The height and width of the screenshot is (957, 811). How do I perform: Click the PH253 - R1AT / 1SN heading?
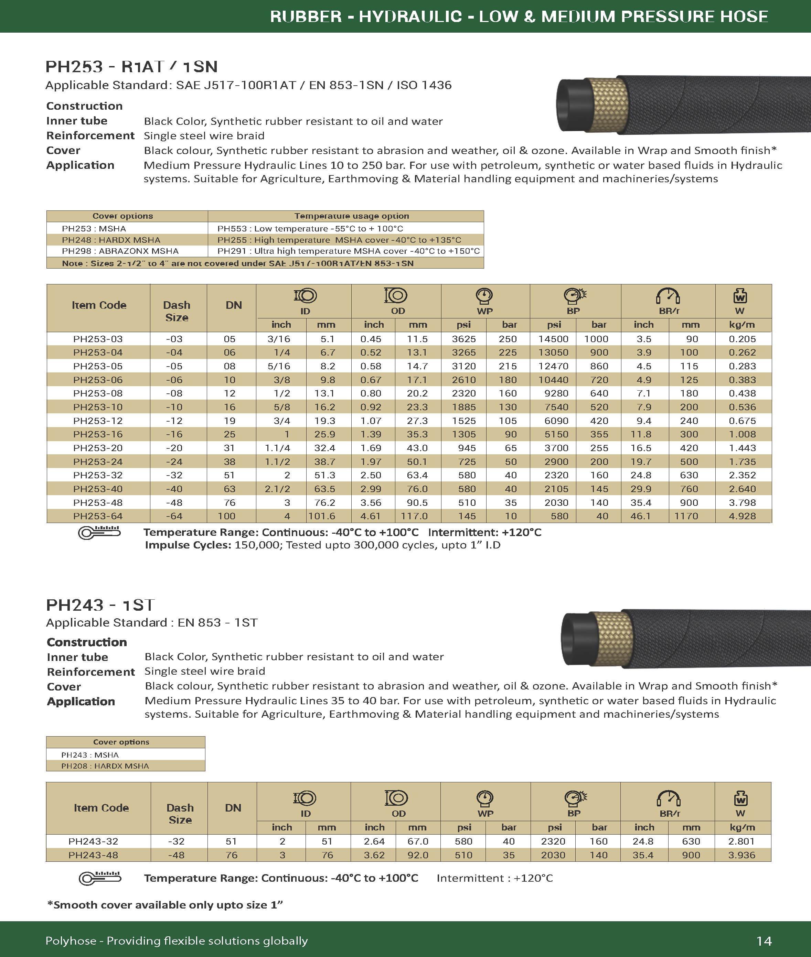pyautogui.click(x=131, y=67)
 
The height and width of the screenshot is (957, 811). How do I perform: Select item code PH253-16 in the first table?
pyautogui.click(x=98, y=434)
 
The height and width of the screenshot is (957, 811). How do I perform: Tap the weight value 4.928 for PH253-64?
pyautogui.click(x=742, y=516)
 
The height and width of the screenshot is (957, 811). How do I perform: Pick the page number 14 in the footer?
pyautogui.click(x=764, y=941)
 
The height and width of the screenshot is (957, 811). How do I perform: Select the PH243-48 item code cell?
pyautogui.click(x=93, y=855)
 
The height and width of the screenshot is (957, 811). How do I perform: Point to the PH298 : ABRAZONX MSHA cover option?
pyautogui.click(x=120, y=251)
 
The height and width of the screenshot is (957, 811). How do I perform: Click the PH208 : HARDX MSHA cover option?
pyautogui.click(x=105, y=766)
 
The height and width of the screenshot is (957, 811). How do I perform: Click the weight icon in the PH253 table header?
pyautogui.click(x=740, y=296)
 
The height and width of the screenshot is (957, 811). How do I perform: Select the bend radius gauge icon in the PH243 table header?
pyautogui.click(x=669, y=798)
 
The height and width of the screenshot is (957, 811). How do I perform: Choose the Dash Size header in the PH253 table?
pyautogui.click(x=177, y=311)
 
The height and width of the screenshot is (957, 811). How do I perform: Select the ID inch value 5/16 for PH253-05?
pyautogui.click(x=279, y=366)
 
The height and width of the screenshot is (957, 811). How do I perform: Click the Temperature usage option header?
pyautogui.click(x=352, y=216)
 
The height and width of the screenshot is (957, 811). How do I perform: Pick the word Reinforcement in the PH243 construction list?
pyautogui.click(x=90, y=672)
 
